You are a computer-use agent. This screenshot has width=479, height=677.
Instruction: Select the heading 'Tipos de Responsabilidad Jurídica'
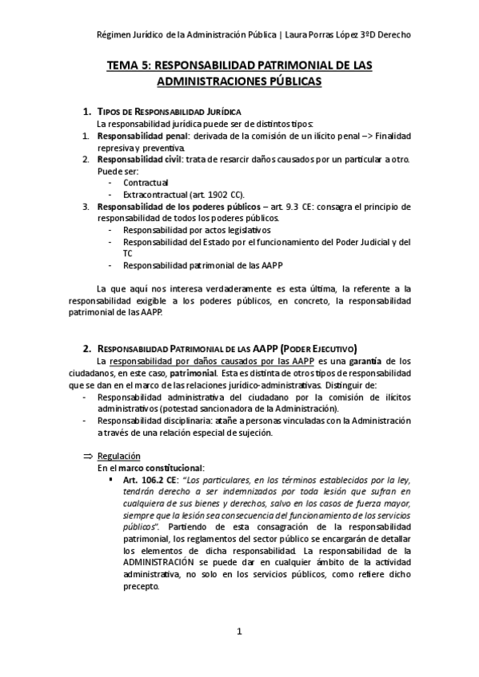[x=169, y=112]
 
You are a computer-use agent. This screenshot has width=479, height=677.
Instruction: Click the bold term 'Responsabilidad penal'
[x=140, y=136]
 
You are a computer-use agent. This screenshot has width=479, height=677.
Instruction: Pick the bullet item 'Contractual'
[x=145, y=183]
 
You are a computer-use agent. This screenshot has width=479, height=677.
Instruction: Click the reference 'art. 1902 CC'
[x=218, y=194]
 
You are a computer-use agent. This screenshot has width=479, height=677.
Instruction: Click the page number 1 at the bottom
[x=239, y=633]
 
